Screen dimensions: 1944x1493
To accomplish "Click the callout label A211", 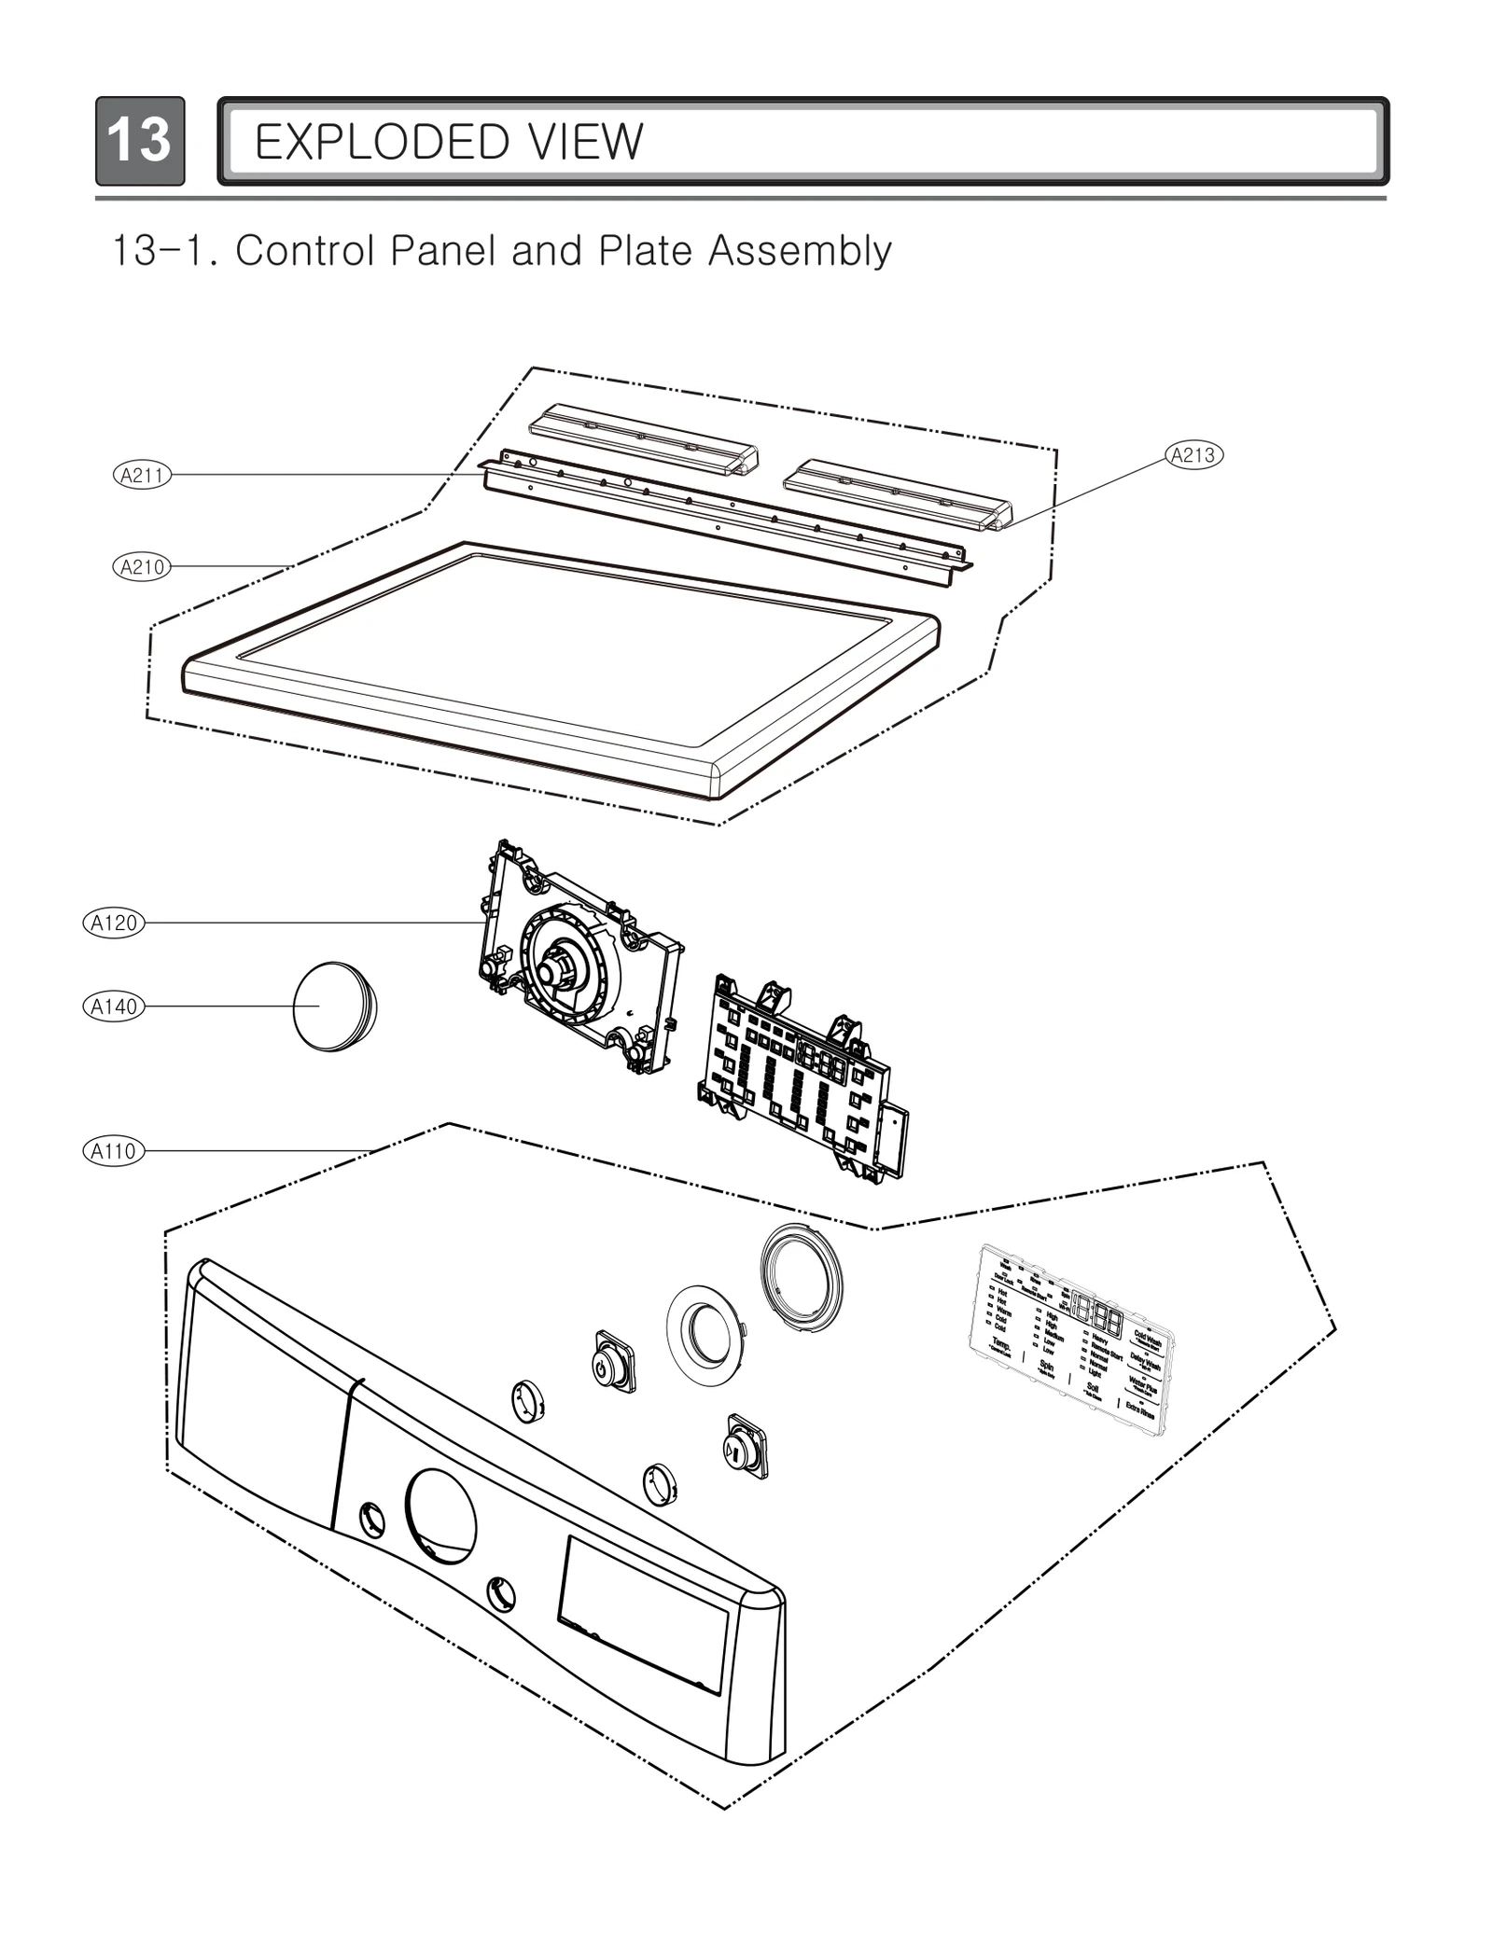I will coord(142,475).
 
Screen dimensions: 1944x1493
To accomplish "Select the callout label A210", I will coord(142,566).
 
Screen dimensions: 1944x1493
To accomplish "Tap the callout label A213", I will coord(1193,455).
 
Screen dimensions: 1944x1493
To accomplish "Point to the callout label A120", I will coord(114,923).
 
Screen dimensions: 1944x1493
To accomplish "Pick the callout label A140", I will coord(114,1007).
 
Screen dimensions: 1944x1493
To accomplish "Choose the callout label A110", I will coord(114,1151).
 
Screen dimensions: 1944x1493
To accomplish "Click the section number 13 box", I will coord(140,141).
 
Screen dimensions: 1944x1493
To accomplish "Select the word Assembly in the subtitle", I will coord(799,251).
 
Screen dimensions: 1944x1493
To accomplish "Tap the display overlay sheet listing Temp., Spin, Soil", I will coord(1073,1336).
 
